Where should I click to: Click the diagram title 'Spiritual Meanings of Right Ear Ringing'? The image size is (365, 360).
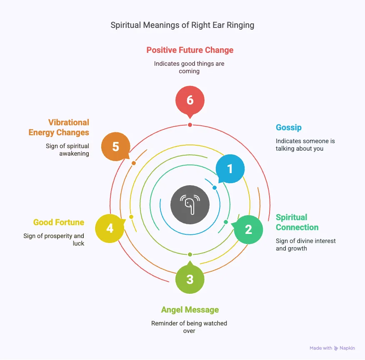click(x=182, y=25)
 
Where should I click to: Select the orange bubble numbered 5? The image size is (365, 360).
click(x=116, y=146)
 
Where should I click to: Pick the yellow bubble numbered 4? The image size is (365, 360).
click(x=110, y=228)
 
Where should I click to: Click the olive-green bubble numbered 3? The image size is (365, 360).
click(x=190, y=279)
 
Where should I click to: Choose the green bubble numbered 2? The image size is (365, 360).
click(x=248, y=229)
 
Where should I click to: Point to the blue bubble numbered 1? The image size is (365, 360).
click(x=230, y=169)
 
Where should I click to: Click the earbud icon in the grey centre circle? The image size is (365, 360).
click(x=190, y=204)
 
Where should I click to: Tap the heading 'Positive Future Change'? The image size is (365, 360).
click(x=190, y=50)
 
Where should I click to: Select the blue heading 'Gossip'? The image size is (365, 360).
click(x=288, y=127)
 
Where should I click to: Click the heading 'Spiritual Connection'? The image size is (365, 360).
click(x=297, y=222)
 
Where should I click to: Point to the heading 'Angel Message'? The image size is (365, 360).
click(x=190, y=310)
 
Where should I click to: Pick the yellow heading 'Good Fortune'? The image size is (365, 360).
click(x=59, y=222)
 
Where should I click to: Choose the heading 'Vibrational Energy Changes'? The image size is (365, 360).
click(x=59, y=127)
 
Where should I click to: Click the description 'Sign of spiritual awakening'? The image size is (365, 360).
click(x=67, y=149)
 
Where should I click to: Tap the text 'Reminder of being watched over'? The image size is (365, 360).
click(x=190, y=327)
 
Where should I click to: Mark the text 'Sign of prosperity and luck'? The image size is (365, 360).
click(x=54, y=239)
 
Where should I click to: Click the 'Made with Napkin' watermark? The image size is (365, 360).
click(x=332, y=348)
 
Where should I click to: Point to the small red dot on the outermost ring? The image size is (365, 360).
click(x=190, y=125)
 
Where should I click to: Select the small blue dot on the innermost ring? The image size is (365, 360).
click(x=215, y=188)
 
